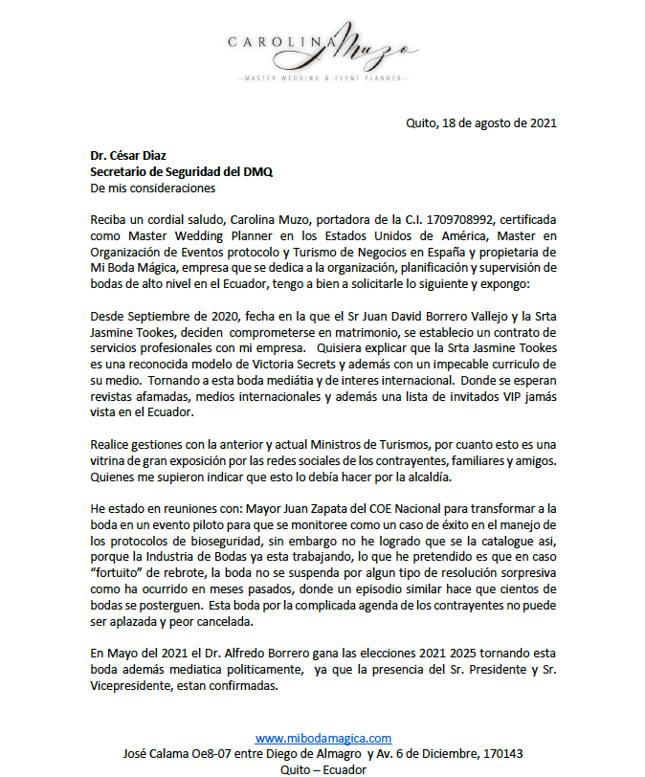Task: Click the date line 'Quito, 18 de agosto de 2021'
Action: [x=481, y=122]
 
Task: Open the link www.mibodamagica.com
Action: [x=323, y=738]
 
